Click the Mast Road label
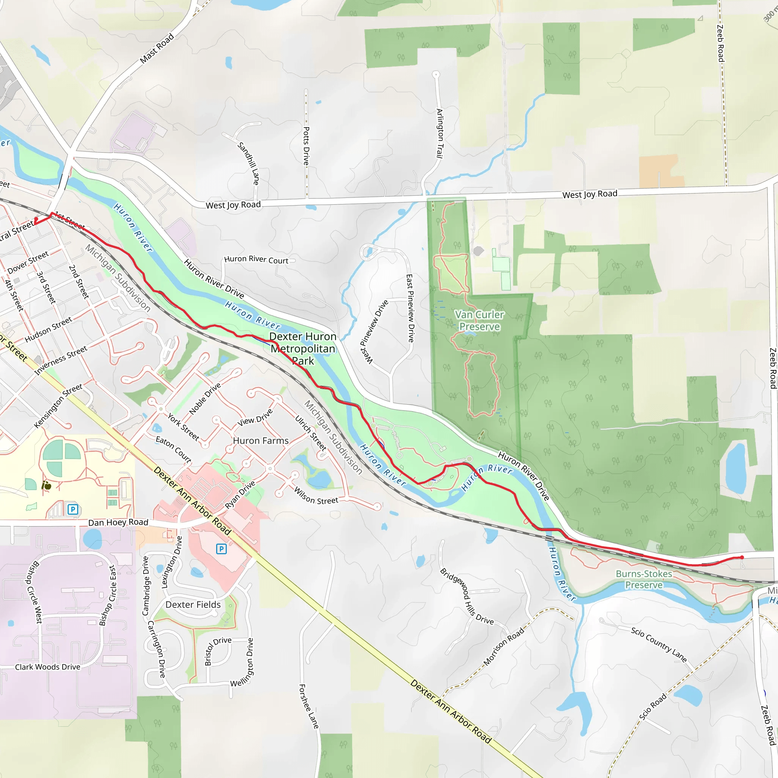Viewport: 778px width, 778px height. (157, 48)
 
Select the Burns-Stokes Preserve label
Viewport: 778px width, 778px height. (644, 579)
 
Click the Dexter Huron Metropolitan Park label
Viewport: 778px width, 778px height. (303, 349)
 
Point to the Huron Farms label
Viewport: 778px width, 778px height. (261, 441)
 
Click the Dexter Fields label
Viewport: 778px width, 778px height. (193, 605)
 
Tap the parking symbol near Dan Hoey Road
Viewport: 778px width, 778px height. (73, 509)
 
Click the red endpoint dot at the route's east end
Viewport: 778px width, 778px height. (742, 558)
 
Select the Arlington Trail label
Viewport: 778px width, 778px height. (440, 133)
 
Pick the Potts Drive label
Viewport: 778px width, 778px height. (307, 146)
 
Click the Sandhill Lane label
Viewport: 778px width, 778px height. (248, 163)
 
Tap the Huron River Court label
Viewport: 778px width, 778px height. (256, 260)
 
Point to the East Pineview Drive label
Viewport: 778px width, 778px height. (410, 308)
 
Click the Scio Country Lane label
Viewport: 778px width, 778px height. (658, 644)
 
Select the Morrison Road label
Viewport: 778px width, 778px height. (504, 646)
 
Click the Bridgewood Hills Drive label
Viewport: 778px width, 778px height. (467, 596)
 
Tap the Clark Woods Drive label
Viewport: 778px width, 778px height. (47, 667)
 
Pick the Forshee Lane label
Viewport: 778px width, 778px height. (308, 706)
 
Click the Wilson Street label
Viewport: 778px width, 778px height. (316, 496)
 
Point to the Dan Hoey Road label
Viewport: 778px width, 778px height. (118, 523)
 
